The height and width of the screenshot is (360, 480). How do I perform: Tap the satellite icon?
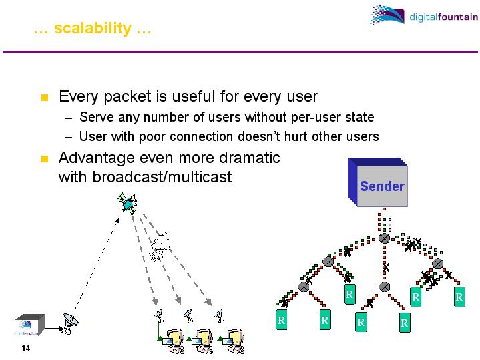128,203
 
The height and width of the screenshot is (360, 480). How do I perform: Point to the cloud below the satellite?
160,246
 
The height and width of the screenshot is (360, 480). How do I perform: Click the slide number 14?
26,348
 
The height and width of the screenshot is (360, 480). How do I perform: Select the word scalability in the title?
93,29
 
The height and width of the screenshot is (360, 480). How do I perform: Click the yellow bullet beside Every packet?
45,98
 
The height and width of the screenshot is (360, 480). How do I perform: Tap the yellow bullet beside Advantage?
45,159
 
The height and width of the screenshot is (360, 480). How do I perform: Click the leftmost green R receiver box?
282,321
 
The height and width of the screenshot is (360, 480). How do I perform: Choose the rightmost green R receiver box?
459,297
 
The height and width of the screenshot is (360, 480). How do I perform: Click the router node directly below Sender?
384,238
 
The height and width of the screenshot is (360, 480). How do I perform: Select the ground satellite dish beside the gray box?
68,323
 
